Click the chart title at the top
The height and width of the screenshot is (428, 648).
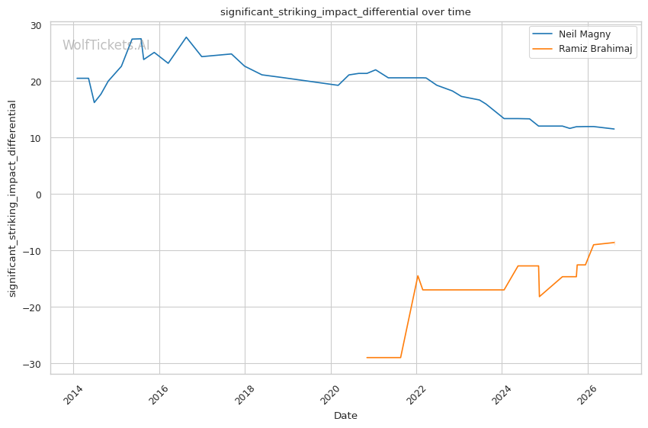pos(345,12)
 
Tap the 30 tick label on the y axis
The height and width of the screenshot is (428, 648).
pos(36,26)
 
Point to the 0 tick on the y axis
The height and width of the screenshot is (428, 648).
pos(39,195)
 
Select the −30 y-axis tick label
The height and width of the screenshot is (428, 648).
pos(33,364)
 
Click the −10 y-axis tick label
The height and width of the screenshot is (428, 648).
pos(33,251)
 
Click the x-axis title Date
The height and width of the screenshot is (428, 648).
pos(345,416)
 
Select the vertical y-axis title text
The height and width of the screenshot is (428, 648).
pos(12,198)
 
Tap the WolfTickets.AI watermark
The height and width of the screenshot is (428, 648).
pos(106,45)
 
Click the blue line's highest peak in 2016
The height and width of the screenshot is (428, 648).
pos(186,37)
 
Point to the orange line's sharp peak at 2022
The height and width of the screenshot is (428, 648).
pos(418,275)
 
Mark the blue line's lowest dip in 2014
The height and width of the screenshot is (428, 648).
pos(95,102)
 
